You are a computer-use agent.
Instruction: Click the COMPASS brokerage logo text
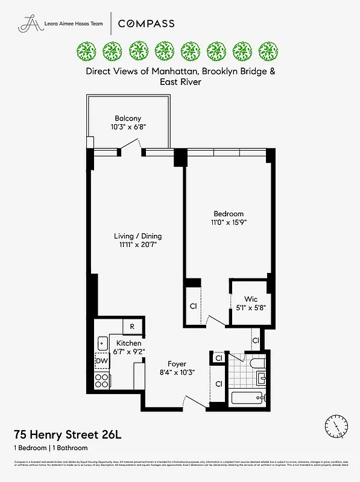(x=146, y=23)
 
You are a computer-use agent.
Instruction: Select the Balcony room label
(x=128, y=119)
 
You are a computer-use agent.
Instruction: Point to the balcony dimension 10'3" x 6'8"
(x=128, y=128)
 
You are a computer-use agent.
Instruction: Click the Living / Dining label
(x=138, y=236)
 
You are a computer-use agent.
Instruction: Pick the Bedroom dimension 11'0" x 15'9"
(x=229, y=222)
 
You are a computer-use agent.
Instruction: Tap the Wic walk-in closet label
(x=251, y=299)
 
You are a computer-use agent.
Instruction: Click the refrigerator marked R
(x=133, y=327)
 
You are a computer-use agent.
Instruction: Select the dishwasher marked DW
(x=101, y=361)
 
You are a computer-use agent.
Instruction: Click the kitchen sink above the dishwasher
(x=101, y=343)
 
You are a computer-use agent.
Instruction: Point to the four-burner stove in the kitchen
(x=102, y=380)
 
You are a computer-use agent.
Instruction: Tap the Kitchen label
(x=128, y=343)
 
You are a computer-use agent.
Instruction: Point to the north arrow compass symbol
(x=335, y=425)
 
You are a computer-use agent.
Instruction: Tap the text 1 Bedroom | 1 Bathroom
(x=51, y=448)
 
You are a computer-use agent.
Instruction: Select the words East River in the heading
(x=180, y=81)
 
